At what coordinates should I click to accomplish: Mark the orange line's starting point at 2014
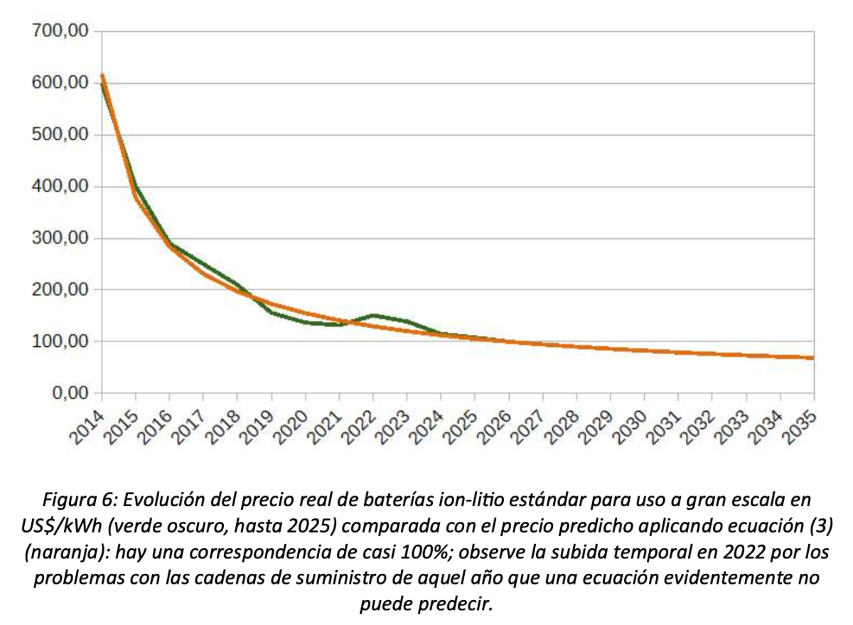[x=102, y=76]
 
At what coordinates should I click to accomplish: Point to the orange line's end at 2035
[x=813, y=358]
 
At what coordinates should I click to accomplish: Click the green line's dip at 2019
[x=272, y=312]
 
